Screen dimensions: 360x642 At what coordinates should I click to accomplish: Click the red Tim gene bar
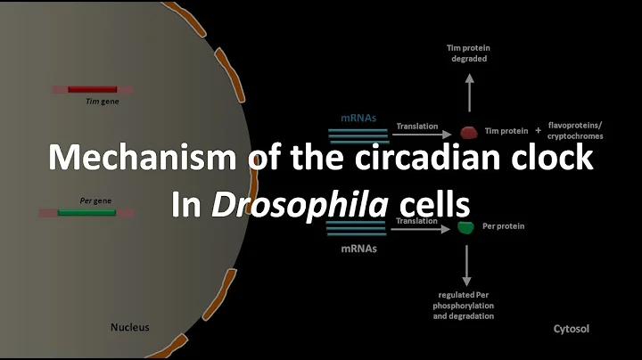(x=92, y=89)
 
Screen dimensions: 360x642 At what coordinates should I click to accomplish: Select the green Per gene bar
(x=86, y=212)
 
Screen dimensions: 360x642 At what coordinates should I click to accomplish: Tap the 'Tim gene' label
(x=95, y=101)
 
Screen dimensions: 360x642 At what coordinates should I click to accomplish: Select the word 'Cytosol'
(x=570, y=329)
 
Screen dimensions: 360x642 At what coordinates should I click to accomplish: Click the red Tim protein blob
(x=469, y=132)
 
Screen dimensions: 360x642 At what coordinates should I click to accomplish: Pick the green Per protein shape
(x=465, y=227)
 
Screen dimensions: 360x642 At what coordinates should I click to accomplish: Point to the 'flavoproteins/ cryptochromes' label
(x=575, y=132)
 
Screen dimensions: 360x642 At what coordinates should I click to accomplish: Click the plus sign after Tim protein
(x=537, y=131)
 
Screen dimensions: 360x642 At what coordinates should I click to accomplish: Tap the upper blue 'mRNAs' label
(x=358, y=117)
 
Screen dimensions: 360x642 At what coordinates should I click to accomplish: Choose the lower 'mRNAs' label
(x=358, y=250)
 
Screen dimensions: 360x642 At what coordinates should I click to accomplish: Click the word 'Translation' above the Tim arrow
(x=416, y=126)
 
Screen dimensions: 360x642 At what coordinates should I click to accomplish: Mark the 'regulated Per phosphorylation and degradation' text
(x=466, y=305)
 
